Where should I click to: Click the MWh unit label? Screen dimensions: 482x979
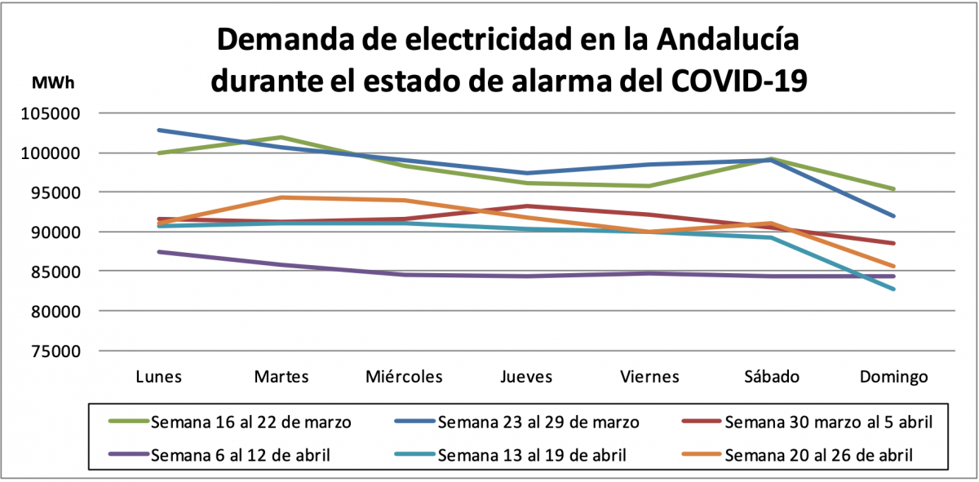52,82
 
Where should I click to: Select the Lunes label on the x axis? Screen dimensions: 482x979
158,376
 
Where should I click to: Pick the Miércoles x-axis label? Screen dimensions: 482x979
404,376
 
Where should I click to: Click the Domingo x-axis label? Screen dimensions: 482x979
894,376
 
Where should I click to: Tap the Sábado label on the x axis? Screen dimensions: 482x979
772,376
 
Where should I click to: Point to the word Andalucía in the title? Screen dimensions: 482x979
728,39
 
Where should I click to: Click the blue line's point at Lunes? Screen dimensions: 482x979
159,130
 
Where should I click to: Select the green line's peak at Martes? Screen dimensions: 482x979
281,137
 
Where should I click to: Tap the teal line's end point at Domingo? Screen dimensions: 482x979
894,289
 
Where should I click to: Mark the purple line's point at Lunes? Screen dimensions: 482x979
159,251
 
